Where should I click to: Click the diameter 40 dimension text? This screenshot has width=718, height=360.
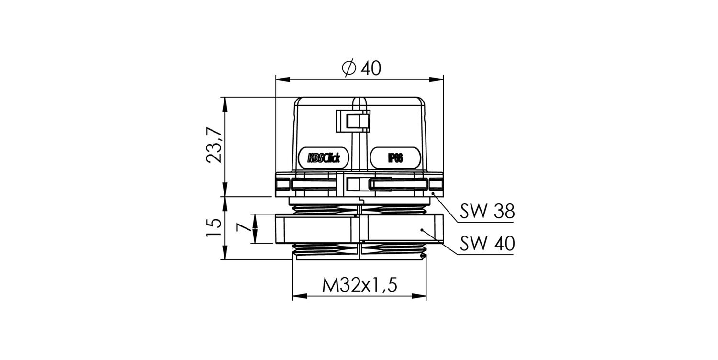361,68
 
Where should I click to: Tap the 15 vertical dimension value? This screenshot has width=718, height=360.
214,227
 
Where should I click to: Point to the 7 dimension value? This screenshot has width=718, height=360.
243,227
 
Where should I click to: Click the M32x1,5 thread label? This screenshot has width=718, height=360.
359,285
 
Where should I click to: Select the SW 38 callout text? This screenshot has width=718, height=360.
487,211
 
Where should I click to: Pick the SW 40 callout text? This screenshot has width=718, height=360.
487,244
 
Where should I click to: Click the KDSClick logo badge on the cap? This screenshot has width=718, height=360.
324,157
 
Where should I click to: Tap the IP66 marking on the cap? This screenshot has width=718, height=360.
395,157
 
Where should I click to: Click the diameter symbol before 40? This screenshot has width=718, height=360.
349,68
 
